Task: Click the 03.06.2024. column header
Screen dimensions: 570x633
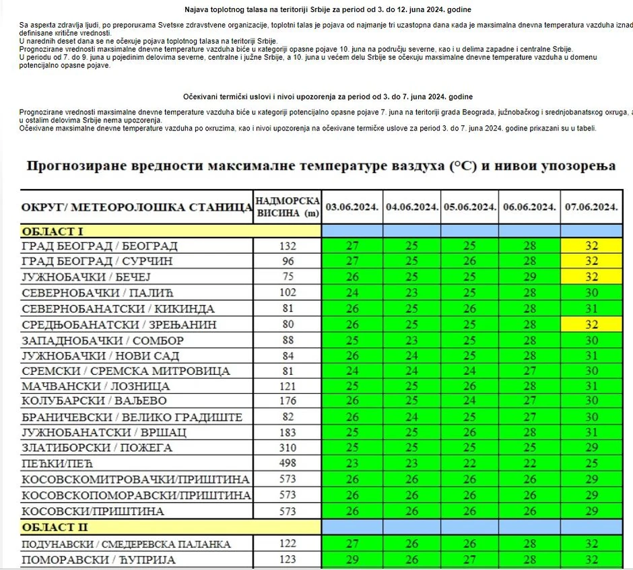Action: [x=352, y=207]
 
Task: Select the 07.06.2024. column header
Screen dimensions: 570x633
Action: [x=591, y=207]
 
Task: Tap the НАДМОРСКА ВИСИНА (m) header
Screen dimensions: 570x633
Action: [x=288, y=207]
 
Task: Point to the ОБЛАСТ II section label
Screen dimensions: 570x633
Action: [x=55, y=527]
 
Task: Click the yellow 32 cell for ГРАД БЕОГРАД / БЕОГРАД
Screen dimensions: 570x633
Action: [x=591, y=246]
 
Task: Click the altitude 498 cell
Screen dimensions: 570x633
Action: [x=288, y=464]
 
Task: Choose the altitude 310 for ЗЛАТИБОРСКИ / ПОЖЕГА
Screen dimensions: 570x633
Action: [x=288, y=448]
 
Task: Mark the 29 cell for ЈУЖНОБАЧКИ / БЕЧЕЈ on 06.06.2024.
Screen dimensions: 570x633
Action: [x=529, y=277]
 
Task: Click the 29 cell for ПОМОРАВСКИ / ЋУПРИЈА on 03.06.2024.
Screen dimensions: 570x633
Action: [x=352, y=560]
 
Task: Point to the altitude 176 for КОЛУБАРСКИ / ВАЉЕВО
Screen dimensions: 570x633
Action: [x=288, y=402]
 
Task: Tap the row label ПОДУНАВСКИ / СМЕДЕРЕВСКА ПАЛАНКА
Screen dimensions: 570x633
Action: [x=126, y=544]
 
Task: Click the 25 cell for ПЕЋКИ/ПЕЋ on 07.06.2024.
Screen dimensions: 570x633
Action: [x=591, y=464]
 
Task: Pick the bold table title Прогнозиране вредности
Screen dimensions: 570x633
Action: [x=320, y=166]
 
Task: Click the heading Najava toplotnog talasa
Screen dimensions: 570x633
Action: [x=327, y=9]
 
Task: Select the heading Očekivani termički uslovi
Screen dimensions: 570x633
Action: [x=327, y=98]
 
